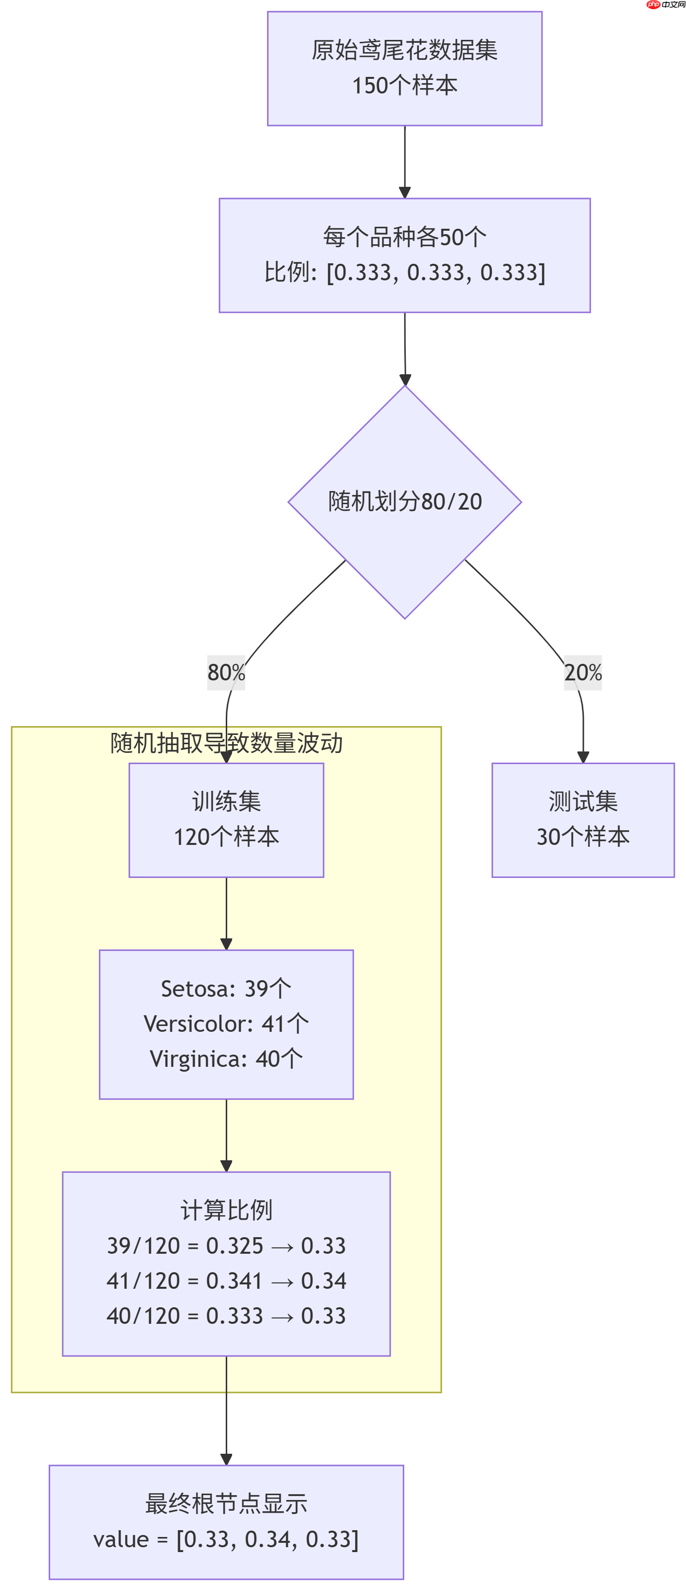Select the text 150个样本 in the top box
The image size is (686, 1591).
[x=404, y=86]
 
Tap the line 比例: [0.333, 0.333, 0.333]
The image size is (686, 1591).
[x=404, y=273]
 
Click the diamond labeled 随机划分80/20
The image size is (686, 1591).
[x=404, y=501]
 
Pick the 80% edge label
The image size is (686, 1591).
[x=226, y=673]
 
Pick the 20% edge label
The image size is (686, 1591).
[x=582, y=673]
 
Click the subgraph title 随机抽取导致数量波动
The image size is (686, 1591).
[x=226, y=743]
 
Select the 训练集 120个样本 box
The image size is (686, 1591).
[x=226, y=820]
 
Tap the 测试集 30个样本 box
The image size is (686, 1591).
[x=582, y=820]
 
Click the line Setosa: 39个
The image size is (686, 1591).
[x=226, y=989]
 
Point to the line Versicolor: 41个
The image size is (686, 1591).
[x=226, y=1024]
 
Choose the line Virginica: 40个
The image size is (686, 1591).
[x=226, y=1059]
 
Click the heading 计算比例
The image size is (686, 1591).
[x=226, y=1210]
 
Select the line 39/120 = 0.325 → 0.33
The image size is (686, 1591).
[x=226, y=1246]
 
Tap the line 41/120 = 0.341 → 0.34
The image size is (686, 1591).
[x=226, y=1281]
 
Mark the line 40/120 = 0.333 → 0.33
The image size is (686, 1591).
[x=226, y=1316]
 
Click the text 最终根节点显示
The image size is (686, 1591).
[x=226, y=1504]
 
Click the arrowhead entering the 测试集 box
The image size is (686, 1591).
[x=582, y=757]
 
